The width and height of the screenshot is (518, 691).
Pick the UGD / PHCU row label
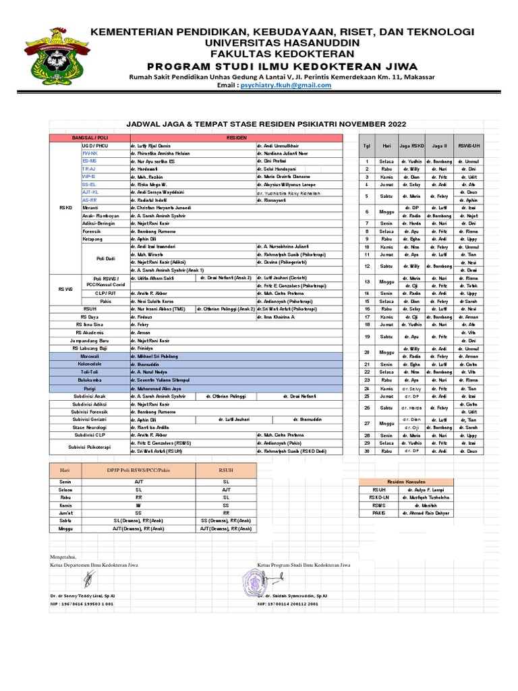[95, 145]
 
